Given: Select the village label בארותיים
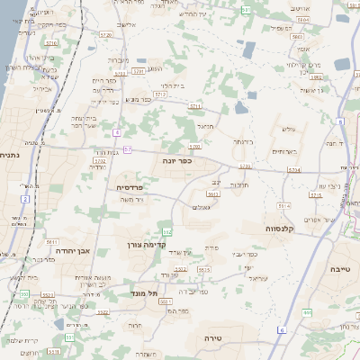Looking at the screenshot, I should click(x=283, y=151).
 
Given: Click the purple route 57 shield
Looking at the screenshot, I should click(x=129, y=148).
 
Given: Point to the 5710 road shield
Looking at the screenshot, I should click(x=51, y=42).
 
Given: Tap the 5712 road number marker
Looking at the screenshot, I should click(x=160, y=93).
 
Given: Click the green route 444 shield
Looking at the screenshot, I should click(x=307, y=312).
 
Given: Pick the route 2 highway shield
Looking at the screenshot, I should click(x=27, y=197).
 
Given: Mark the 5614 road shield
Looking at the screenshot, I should click(x=284, y=206).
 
